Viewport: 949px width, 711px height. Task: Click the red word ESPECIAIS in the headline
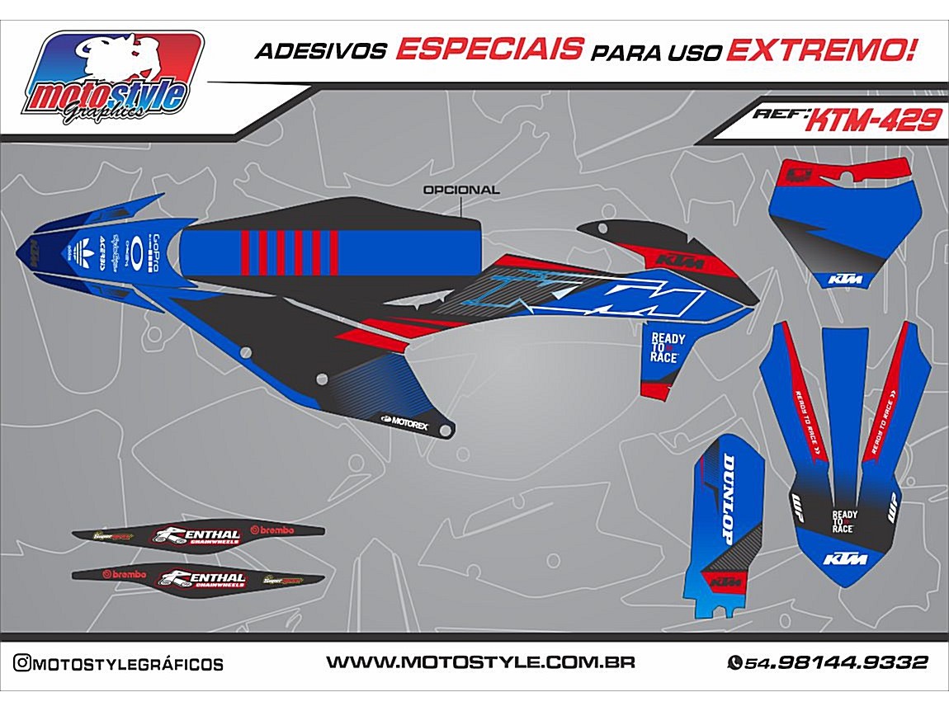(x=489, y=49)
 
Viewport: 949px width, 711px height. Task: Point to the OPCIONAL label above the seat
(x=460, y=190)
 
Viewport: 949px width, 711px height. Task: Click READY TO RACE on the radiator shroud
(x=667, y=347)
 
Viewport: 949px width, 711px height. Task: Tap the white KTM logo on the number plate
(x=845, y=279)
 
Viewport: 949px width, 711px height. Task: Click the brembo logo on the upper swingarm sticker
(x=277, y=530)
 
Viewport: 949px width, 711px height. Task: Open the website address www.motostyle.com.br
(x=479, y=662)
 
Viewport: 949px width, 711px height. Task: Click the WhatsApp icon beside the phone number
(x=734, y=662)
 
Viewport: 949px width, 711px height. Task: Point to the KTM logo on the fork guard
(x=725, y=582)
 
